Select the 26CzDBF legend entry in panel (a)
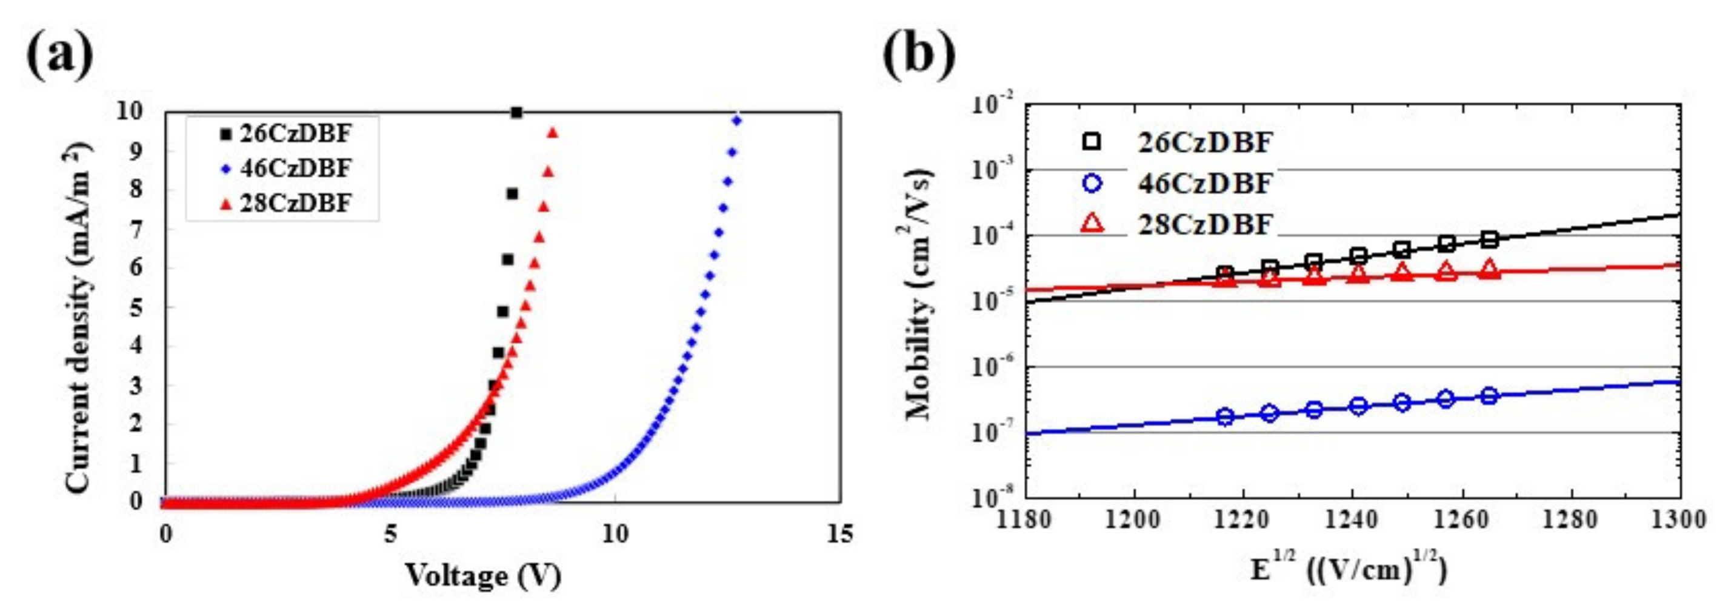[295, 134]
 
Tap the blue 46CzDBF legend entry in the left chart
[295, 168]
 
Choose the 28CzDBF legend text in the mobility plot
[1205, 224]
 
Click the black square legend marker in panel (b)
[1093, 141]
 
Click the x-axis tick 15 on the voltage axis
[839, 535]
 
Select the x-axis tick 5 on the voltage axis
[390, 535]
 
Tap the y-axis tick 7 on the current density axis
[136, 229]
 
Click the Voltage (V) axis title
[482, 576]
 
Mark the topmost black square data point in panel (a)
[516, 112]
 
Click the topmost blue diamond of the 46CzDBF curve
[737, 120]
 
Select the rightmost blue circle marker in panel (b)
[1489, 396]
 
